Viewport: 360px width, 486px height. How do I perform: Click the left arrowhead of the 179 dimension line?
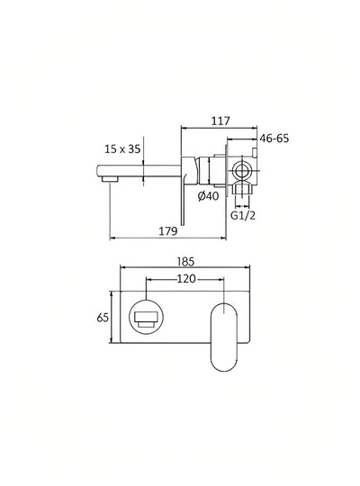(x=112, y=238)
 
